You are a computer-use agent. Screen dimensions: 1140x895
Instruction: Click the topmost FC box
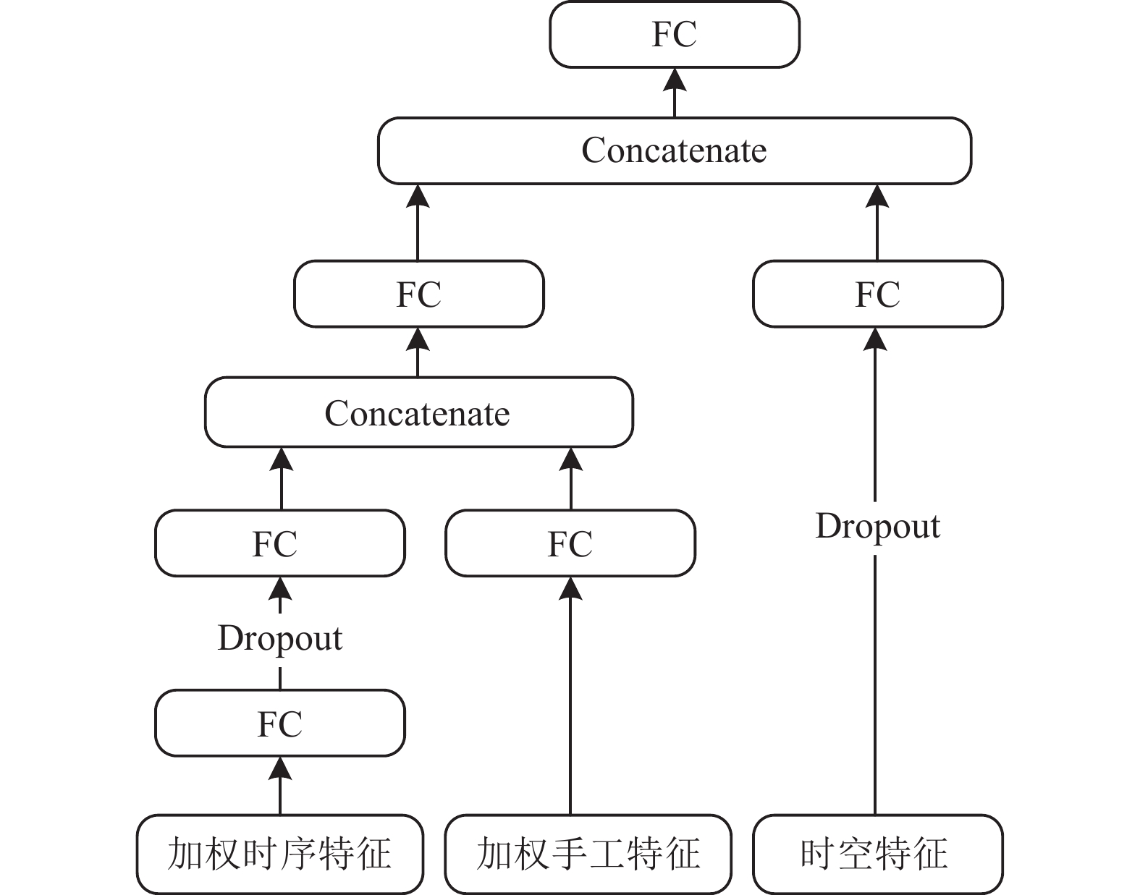click(674, 35)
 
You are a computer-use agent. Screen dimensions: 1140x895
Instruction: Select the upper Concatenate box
click(674, 151)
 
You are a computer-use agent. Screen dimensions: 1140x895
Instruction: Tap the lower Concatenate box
click(418, 412)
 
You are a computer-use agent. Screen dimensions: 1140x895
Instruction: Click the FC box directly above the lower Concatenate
click(418, 294)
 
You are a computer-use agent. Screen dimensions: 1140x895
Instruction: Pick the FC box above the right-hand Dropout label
click(878, 294)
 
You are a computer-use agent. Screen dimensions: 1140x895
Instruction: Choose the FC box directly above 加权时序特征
click(279, 723)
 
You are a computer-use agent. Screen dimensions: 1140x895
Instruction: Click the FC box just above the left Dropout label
click(279, 543)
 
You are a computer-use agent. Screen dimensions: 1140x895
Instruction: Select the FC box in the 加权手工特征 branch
click(570, 543)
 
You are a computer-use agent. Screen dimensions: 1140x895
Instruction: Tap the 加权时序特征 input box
click(279, 854)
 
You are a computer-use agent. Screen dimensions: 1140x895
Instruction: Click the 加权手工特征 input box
click(588, 854)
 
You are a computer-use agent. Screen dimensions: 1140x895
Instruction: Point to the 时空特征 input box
click(878, 854)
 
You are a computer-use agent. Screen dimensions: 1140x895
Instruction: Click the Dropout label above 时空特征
click(878, 527)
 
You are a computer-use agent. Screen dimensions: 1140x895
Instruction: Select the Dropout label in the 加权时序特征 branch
click(279, 640)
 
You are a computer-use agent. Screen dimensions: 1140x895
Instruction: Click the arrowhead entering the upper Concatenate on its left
click(418, 196)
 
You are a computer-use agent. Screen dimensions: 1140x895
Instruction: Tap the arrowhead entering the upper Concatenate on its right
click(877, 196)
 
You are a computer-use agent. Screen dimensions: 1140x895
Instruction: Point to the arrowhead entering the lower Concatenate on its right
click(571, 459)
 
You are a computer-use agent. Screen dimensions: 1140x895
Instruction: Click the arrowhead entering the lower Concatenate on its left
click(281, 459)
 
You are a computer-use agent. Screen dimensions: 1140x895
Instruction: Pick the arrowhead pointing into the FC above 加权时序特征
click(279, 768)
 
